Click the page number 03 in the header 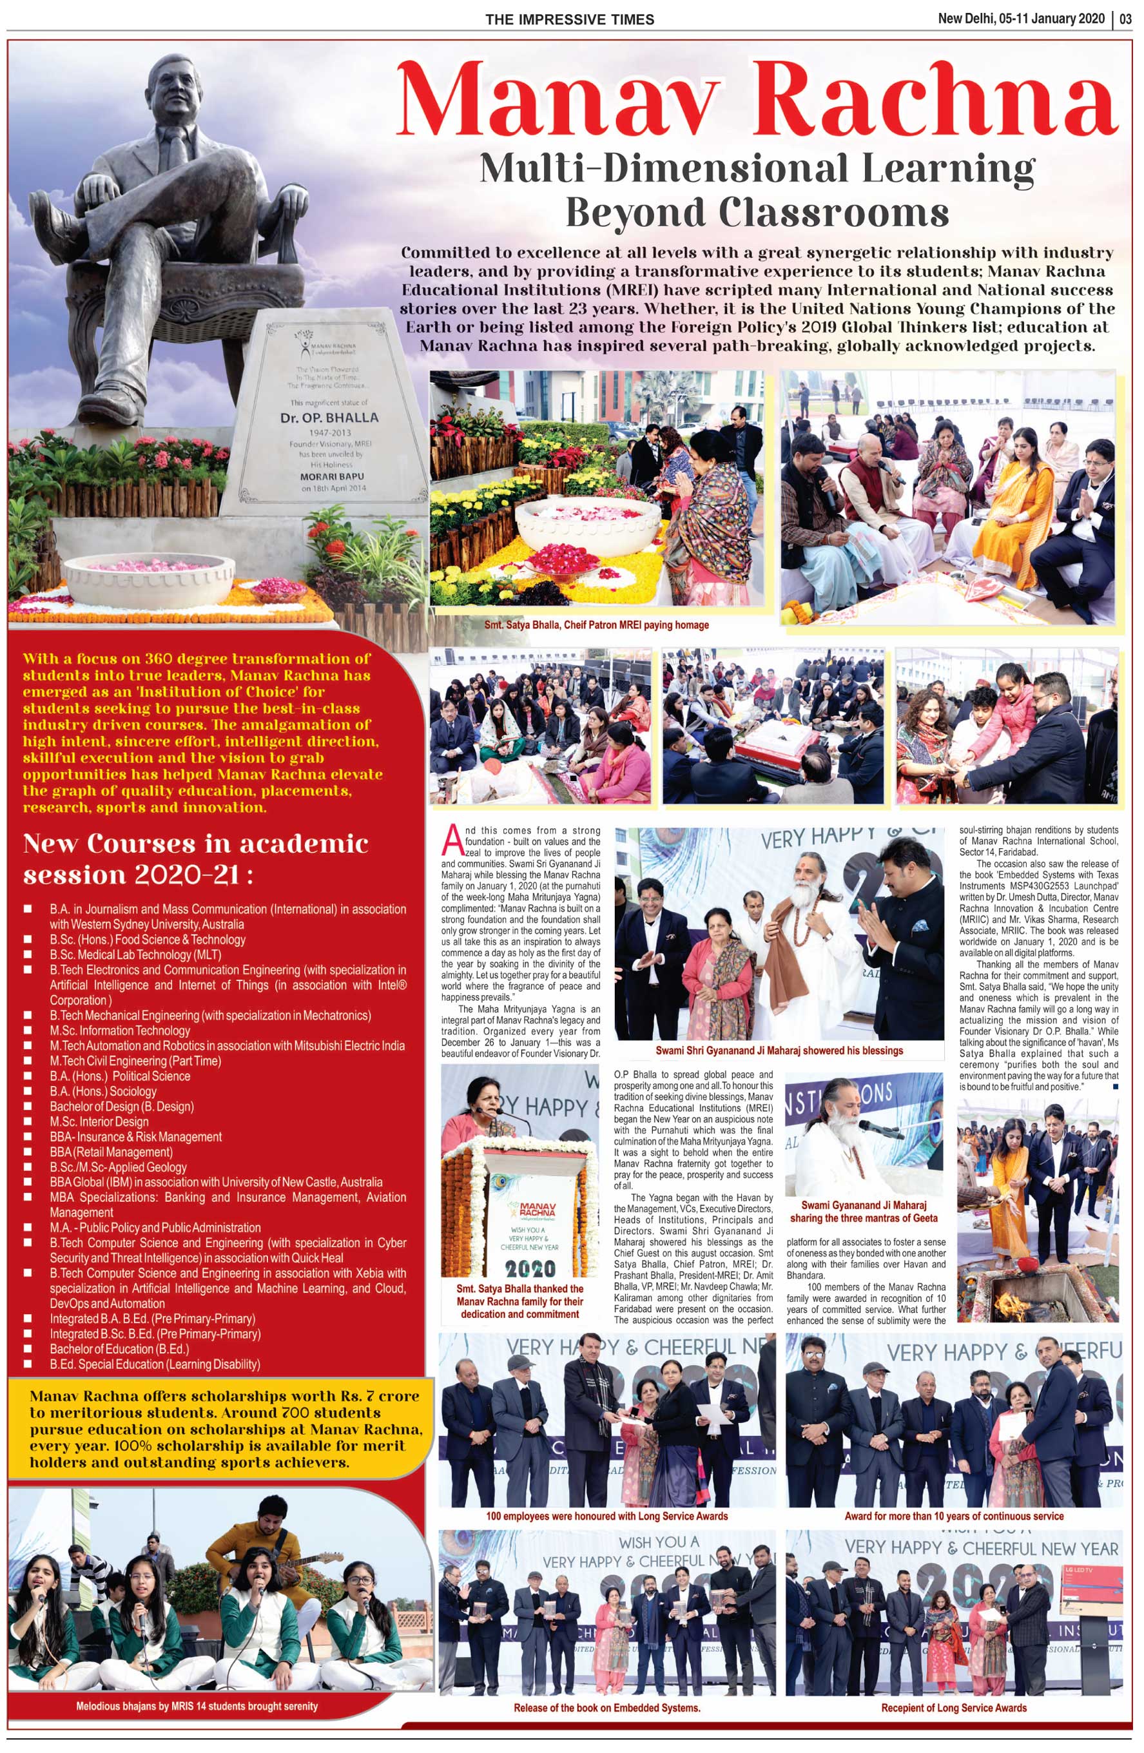[1125, 19]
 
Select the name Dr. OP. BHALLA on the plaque [329, 418]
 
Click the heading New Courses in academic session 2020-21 [195, 859]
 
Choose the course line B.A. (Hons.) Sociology [103, 1091]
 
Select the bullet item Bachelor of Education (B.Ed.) [119, 1349]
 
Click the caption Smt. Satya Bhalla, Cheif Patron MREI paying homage [596, 625]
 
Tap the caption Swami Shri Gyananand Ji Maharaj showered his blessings [779, 1051]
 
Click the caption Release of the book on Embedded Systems [606, 1707]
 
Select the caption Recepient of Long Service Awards [953, 1707]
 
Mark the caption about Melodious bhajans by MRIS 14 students [197, 1706]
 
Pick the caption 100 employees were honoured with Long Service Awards [606, 1516]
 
